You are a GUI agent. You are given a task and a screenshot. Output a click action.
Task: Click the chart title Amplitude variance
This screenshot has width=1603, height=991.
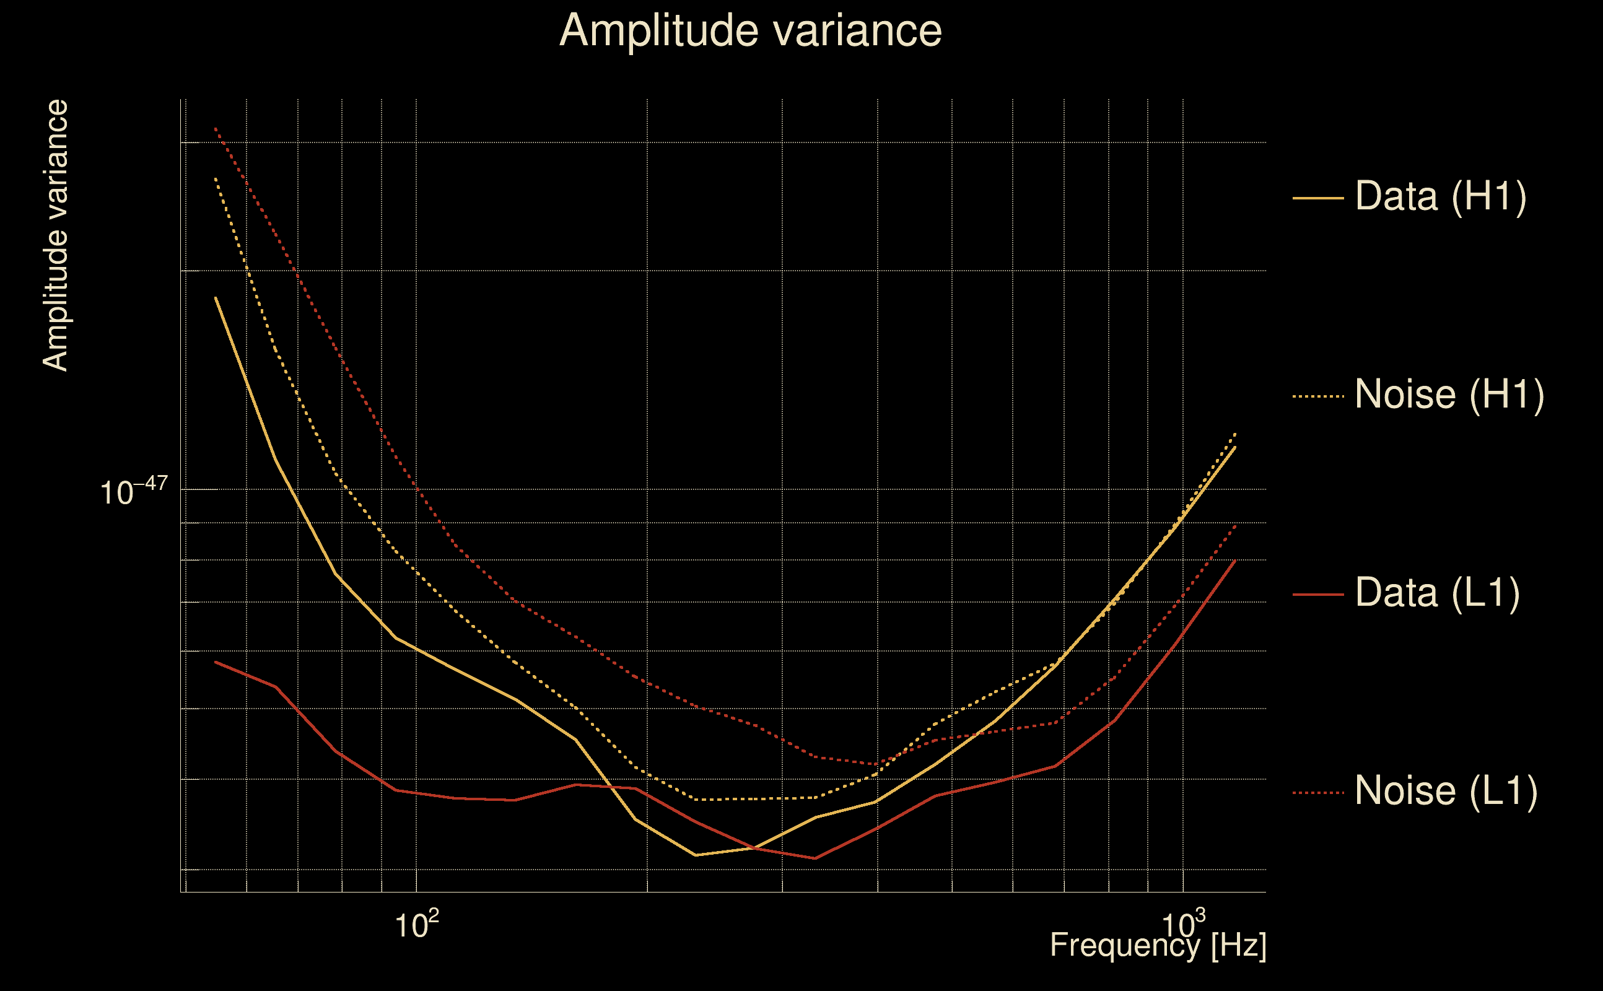point(750,31)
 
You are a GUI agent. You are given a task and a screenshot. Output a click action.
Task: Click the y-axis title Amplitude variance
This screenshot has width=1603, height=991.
point(56,236)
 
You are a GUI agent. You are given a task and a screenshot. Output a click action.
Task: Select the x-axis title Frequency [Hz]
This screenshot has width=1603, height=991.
point(1158,946)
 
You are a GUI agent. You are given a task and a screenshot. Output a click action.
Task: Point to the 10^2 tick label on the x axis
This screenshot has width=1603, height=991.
point(416,925)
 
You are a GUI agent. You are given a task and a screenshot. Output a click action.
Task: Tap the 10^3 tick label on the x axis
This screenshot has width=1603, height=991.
point(1183,925)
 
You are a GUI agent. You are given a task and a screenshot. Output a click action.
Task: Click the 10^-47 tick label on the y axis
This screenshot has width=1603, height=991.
point(134,491)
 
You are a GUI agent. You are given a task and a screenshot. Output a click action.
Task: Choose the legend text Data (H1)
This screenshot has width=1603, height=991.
point(1441,196)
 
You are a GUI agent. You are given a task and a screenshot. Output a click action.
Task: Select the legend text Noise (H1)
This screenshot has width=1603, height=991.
point(1449,395)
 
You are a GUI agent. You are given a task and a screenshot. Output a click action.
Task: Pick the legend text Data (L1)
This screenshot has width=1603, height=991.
point(1437,593)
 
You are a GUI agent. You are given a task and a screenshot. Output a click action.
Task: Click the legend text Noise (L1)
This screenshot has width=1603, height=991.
point(1446,791)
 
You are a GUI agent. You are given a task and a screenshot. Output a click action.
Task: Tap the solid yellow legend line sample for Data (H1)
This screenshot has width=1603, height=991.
point(1318,198)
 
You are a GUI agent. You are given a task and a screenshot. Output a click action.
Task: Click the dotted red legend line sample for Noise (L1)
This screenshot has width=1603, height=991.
point(1318,793)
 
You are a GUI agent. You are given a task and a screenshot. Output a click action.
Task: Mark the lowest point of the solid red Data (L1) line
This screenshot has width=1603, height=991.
point(815,858)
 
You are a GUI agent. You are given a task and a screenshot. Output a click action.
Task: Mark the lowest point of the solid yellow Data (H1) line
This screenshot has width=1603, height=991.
point(696,855)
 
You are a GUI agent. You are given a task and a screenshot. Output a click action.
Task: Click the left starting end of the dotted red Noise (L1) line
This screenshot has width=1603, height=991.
point(216,128)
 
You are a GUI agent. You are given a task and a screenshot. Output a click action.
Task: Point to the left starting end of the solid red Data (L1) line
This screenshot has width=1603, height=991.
point(216,662)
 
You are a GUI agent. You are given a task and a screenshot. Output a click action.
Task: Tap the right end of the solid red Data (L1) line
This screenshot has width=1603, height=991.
point(1235,561)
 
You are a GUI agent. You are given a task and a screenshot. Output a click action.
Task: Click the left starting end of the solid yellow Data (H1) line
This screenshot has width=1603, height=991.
point(216,298)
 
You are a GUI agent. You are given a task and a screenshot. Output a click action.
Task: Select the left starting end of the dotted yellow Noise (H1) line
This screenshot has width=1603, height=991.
point(216,178)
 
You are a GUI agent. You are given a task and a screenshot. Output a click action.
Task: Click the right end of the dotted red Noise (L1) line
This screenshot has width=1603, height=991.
point(1235,525)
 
